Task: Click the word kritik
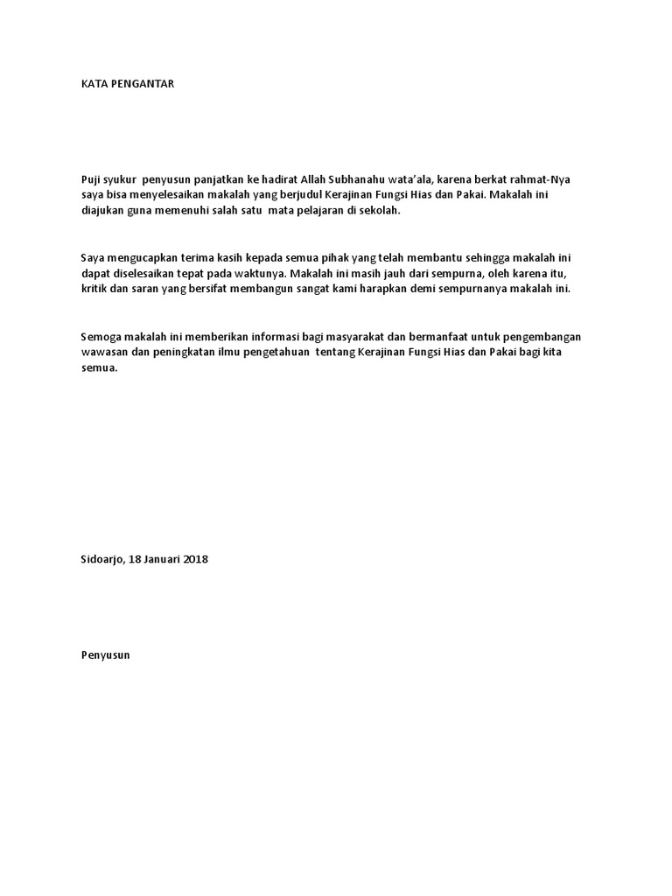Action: coord(94,290)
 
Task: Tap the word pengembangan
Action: coord(543,338)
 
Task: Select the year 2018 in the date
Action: coord(195,559)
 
